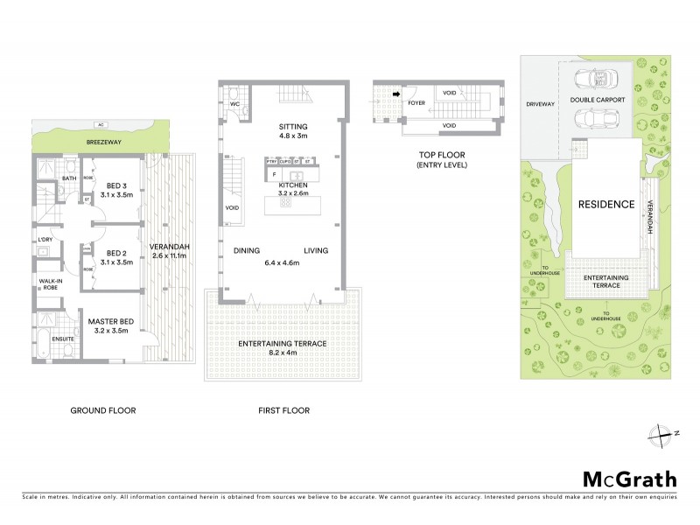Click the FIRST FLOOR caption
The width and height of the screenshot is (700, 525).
tap(284, 409)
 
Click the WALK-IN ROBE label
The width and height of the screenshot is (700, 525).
tap(48, 284)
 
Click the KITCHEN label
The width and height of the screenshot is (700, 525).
tap(292, 186)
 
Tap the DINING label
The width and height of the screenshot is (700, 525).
tap(248, 251)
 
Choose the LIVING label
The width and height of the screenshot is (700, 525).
tap(316, 251)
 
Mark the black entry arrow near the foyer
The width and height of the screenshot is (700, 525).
tap(395, 92)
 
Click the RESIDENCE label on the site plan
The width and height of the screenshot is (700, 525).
tap(605, 204)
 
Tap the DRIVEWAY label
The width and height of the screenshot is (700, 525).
tap(541, 104)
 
